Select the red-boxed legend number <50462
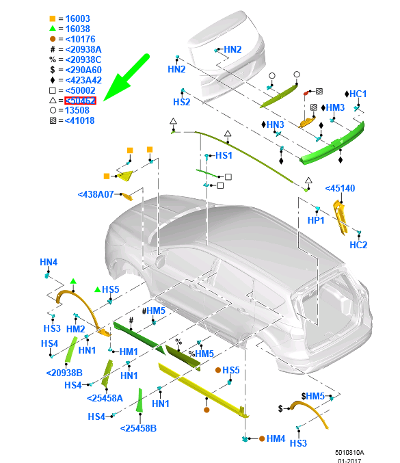tap(80, 101)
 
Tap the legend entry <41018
tap(80, 121)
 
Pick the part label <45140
tap(340, 188)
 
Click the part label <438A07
tap(96, 194)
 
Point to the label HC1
tap(358, 94)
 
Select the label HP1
tap(316, 221)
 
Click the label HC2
tap(358, 245)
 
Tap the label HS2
tap(181, 102)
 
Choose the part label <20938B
tap(65, 373)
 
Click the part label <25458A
tap(105, 398)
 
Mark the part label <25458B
tap(138, 428)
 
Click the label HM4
tap(276, 438)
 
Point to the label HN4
tap(49, 262)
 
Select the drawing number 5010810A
tap(349, 452)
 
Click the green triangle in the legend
tap(52, 29)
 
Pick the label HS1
tap(224, 156)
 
